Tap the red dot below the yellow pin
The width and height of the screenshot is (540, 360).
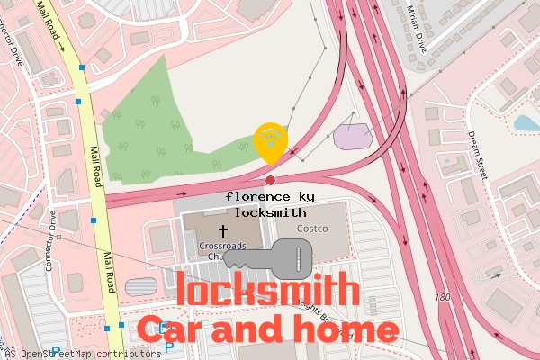pos(270,180)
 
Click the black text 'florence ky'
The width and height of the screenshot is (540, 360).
pos(270,196)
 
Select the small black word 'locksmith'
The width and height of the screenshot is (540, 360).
pos(270,213)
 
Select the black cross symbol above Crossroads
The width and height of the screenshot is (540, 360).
pos(222,230)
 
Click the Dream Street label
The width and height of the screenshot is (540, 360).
pos(476,153)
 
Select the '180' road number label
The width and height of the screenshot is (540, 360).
pos(442,297)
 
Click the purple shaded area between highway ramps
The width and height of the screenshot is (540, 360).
pos(352,136)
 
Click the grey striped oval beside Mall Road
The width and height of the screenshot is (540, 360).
pos(140,287)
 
